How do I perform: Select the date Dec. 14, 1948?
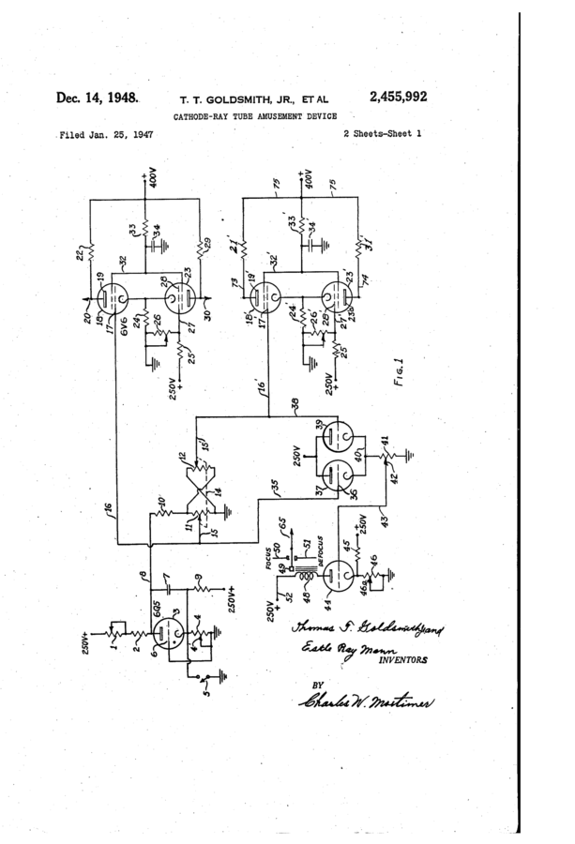[x=98, y=98]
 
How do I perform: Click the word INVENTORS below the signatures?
[x=401, y=659]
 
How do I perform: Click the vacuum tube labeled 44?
[x=338, y=575]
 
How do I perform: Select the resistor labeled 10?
[x=152, y=517]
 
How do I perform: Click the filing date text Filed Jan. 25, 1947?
[x=105, y=134]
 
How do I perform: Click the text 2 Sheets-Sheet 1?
[x=382, y=134]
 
